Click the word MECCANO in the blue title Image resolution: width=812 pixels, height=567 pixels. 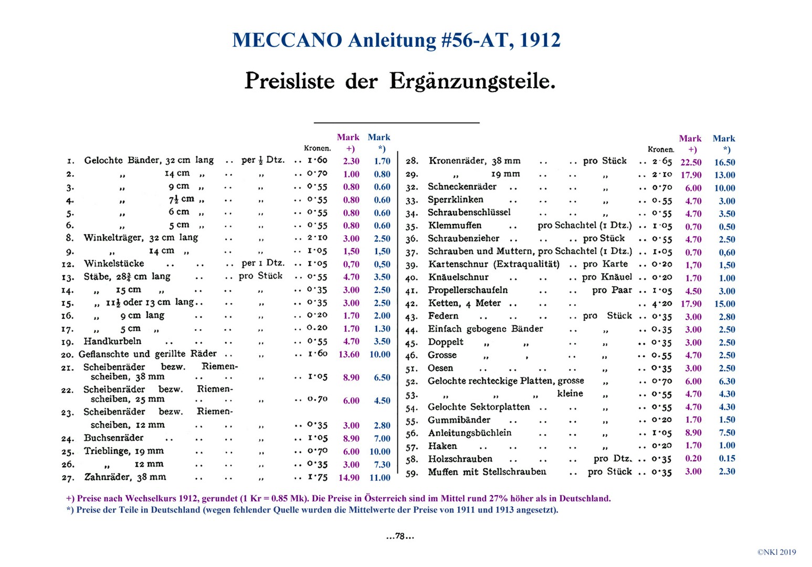coord(287,40)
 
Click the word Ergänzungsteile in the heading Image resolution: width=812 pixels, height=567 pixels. coord(472,81)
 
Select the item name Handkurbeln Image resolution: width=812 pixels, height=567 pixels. coord(112,341)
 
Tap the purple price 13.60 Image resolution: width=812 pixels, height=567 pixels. coord(349,354)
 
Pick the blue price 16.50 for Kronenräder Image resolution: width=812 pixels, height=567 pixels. coord(725,162)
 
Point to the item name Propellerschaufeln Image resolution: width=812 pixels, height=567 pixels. coord(468,290)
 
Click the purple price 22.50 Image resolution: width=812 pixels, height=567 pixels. coord(691,162)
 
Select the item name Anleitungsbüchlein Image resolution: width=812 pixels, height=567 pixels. coord(470,433)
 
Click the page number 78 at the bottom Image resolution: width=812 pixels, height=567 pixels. coord(400,536)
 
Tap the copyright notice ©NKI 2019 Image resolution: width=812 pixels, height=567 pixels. coord(776,552)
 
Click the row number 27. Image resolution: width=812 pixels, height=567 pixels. coord(68,478)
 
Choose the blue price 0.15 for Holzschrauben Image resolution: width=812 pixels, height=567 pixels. coord(727,459)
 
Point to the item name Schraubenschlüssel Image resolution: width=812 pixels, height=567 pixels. coord(469,213)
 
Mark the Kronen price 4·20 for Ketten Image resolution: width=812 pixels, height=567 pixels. coord(662,304)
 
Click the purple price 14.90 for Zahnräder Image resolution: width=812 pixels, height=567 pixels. coord(349,478)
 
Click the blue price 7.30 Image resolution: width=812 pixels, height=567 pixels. coord(382,465)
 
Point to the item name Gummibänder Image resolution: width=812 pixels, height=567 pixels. coord(459,420)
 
